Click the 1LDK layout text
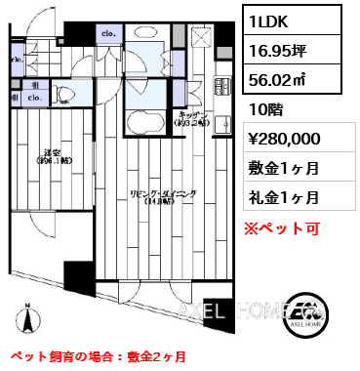pos(268,21)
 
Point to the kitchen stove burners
pos(204,94)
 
